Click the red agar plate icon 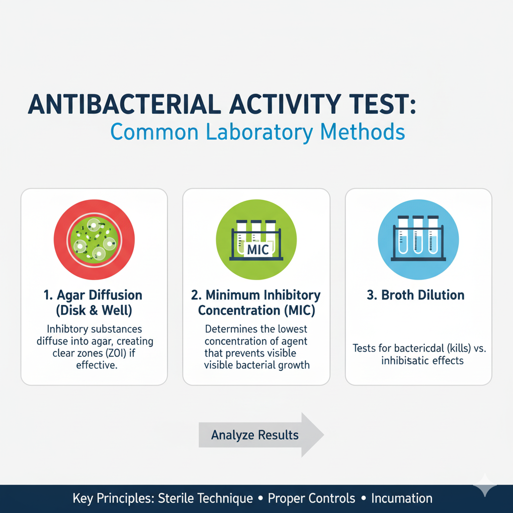coord(94,236)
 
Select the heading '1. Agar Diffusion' coord(94,295)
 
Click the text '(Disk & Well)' coord(94,311)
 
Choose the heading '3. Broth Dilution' coord(415,295)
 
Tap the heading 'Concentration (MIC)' coord(256,311)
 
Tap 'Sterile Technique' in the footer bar coord(205,498)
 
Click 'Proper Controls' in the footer coord(311,498)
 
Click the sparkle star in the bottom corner coord(485,484)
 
